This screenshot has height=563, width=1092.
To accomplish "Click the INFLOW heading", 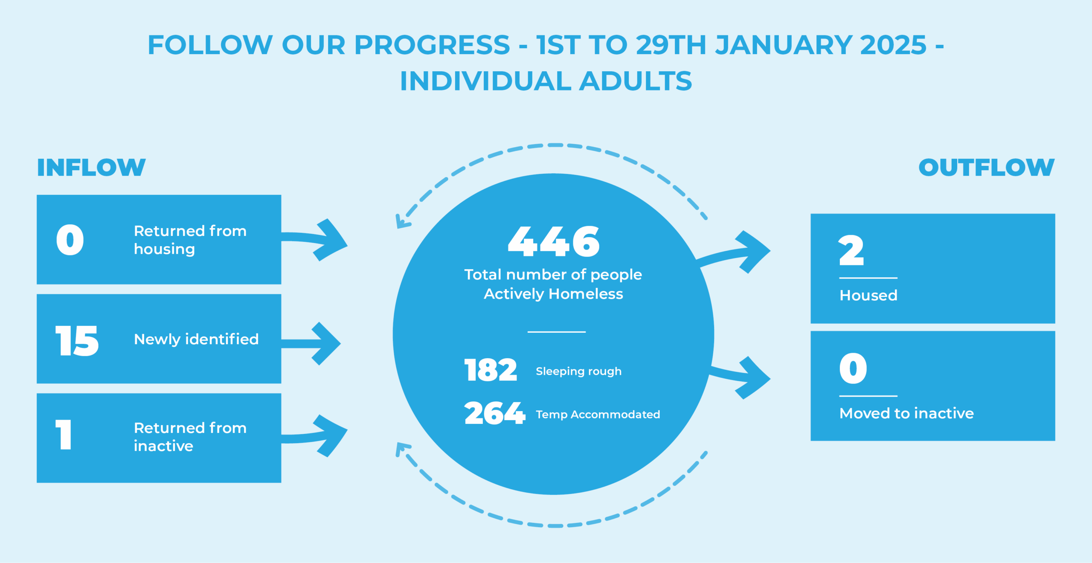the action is point(91,167).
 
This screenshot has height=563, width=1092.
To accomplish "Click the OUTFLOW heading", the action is point(986,167).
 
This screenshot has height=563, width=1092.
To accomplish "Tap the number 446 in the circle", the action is point(554,241).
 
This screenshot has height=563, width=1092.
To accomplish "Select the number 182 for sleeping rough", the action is point(491,370).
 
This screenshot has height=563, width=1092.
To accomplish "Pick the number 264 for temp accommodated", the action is point(494,413).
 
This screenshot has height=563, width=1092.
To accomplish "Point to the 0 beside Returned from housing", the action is point(70,240).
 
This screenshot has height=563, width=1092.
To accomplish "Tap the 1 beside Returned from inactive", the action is point(64,434).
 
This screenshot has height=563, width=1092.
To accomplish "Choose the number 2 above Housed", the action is point(851,250).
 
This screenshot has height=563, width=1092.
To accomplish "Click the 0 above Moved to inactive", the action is point(853,368).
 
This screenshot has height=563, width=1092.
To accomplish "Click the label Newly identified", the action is point(196,340).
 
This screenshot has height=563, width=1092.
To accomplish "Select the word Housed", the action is point(868,295).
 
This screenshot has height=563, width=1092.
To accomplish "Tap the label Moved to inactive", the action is point(906,413).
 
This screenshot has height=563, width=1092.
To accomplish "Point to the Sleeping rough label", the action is point(578,371).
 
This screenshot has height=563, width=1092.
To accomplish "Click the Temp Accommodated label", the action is point(598,415).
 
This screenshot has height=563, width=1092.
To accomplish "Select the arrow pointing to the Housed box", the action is point(734,253).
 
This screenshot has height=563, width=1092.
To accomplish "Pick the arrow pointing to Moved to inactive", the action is point(740,377).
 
